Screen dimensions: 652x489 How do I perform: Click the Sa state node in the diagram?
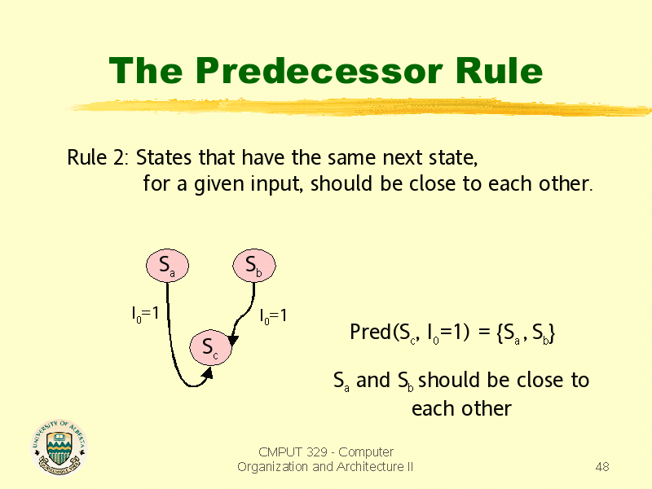pos(167,266)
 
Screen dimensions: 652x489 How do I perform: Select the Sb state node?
pos(254,266)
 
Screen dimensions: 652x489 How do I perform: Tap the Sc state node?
pos(210,347)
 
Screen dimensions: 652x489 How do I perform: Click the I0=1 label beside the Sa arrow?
pos(145,314)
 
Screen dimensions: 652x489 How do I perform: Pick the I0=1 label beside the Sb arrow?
pos(273,316)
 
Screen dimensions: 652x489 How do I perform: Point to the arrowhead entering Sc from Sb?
pos(233,339)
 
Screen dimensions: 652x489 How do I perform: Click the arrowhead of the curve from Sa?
pos(208,372)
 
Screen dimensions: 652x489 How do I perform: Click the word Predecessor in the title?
pos(319,70)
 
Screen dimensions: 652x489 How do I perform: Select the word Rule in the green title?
pos(499,70)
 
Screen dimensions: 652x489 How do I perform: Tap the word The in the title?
pos(146,70)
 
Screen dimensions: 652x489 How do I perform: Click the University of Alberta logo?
pos(59,447)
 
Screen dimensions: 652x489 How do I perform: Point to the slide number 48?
pos(602,466)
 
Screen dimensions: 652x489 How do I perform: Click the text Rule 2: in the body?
pos(98,157)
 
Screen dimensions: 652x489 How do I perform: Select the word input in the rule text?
pos(276,184)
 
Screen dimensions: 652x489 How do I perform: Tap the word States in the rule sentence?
pos(164,157)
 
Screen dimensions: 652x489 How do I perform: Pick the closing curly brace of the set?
pos(552,333)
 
